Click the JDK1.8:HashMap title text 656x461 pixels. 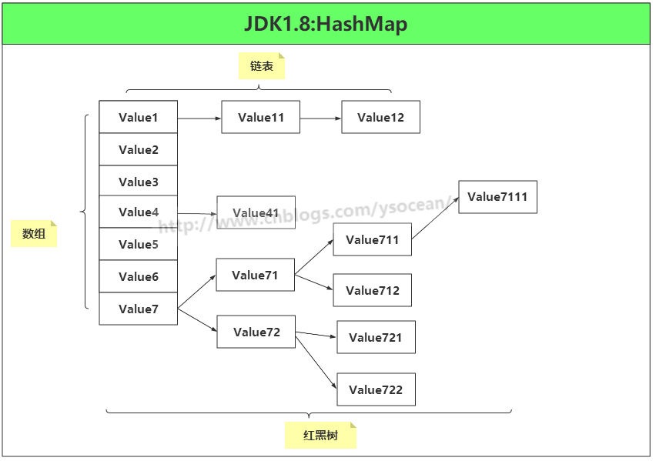pos(326,24)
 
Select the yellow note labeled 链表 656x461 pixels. pos(262,66)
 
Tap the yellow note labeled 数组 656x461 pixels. pos(34,234)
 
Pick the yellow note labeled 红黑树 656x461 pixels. pos(320,436)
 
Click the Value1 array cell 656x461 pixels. pos(139,118)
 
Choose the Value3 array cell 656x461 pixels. pos(139,182)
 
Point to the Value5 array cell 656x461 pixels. pos(139,245)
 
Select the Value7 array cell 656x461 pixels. pos(139,309)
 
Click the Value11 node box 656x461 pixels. pos(261,118)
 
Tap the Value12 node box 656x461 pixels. pos(380,118)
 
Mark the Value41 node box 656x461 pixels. pos(256,213)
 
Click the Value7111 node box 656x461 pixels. pos(497,197)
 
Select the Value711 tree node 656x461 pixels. pos(373,240)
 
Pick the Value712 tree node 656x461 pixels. pos(373,291)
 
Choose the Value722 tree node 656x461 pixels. pos(376,390)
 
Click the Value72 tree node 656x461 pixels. pos(256,332)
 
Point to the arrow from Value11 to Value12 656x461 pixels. pos(320,119)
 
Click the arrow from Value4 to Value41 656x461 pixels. pos(197,213)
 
